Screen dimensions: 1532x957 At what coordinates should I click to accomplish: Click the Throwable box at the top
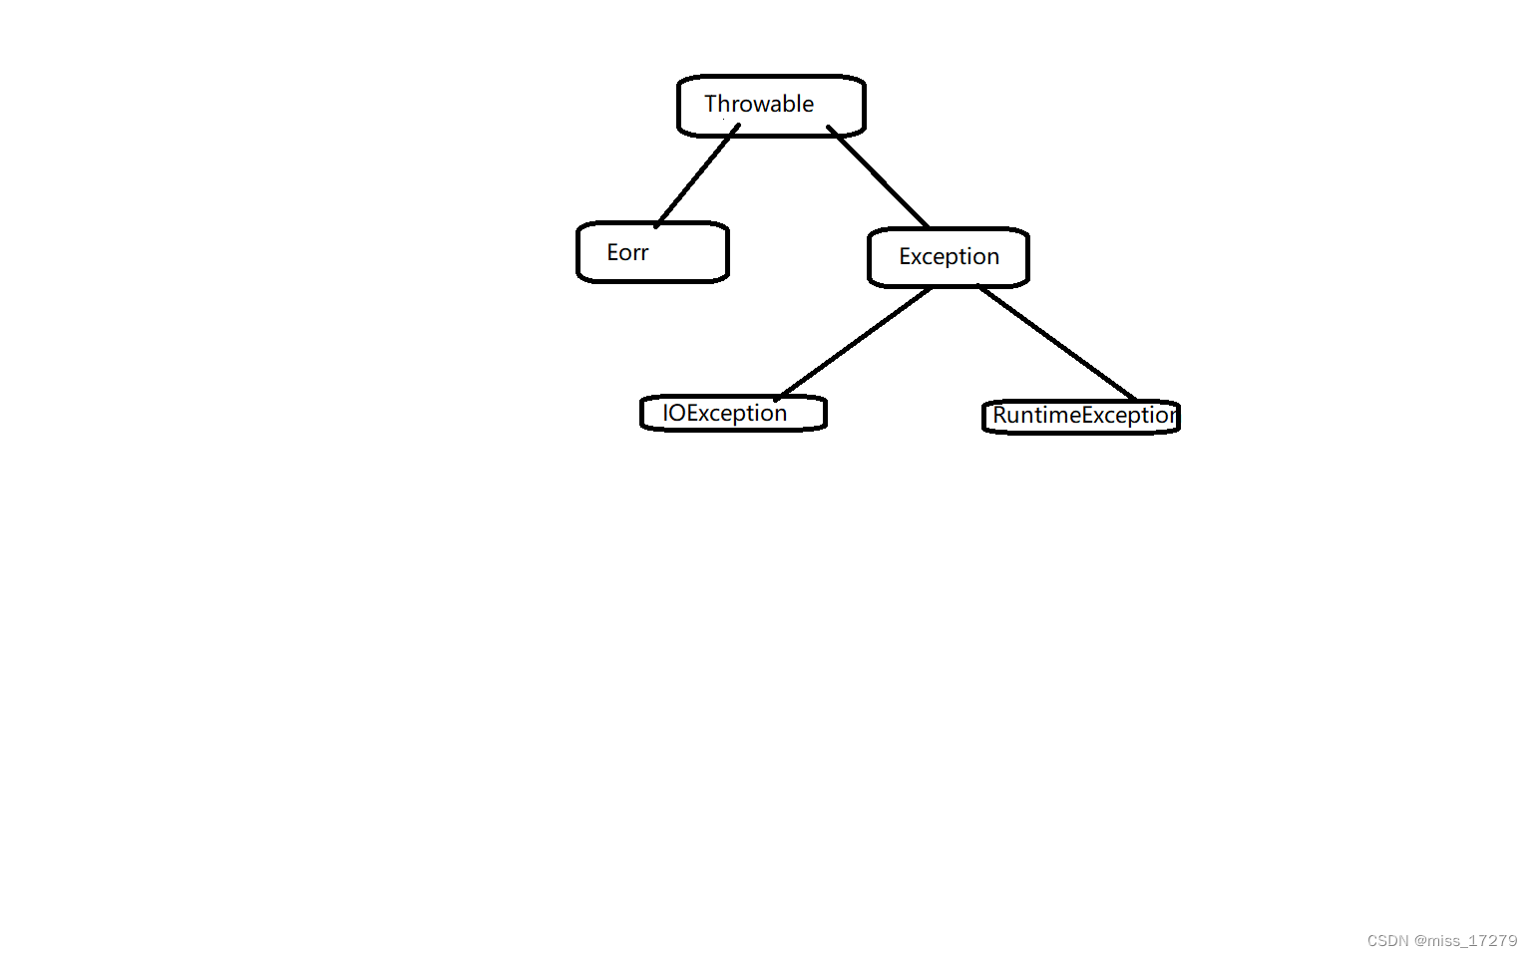(x=771, y=105)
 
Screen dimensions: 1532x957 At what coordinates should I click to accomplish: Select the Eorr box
(x=652, y=252)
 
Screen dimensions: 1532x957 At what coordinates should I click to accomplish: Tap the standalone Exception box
(x=949, y=257)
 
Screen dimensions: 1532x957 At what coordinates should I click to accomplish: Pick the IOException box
(x=733, y=413)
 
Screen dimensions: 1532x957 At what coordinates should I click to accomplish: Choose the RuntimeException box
(x=1081, y=416)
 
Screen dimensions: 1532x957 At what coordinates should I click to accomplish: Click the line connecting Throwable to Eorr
(x=696, y=176)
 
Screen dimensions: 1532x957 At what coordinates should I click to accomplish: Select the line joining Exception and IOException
(x=854, y=343)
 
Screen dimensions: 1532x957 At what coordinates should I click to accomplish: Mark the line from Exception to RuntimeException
(x=1057, y=343)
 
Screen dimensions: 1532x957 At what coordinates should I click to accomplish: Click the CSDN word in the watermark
(x=1387, y=941)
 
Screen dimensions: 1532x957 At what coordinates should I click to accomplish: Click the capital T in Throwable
(x=711, y=104)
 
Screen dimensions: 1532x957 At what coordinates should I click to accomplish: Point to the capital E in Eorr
(x=612, y=252)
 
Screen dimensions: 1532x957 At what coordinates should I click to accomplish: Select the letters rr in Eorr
(x=640, y=254)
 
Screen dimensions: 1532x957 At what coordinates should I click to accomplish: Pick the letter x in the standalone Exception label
(x=918, y=257)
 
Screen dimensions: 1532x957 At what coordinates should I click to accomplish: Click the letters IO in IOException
(x=674, y=413)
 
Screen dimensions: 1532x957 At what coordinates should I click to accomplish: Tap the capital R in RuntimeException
(x=1000, y=415)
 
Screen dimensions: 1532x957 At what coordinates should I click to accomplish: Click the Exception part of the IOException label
(x=737, y=414)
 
